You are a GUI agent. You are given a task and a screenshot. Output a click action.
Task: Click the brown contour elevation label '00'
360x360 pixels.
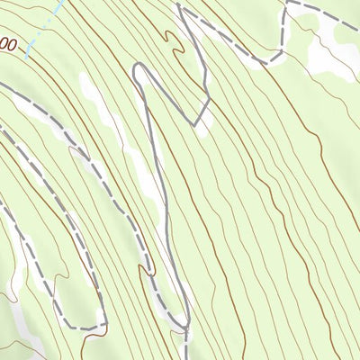(9, 43)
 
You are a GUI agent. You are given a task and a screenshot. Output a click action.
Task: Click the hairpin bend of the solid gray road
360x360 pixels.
(139, 69)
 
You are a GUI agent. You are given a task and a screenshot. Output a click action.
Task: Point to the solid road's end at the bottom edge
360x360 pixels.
(186, 357)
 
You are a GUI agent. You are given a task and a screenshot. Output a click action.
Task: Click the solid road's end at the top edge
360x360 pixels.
(180, 2)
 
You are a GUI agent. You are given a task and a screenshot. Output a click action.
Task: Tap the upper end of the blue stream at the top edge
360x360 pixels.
(61, 3)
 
